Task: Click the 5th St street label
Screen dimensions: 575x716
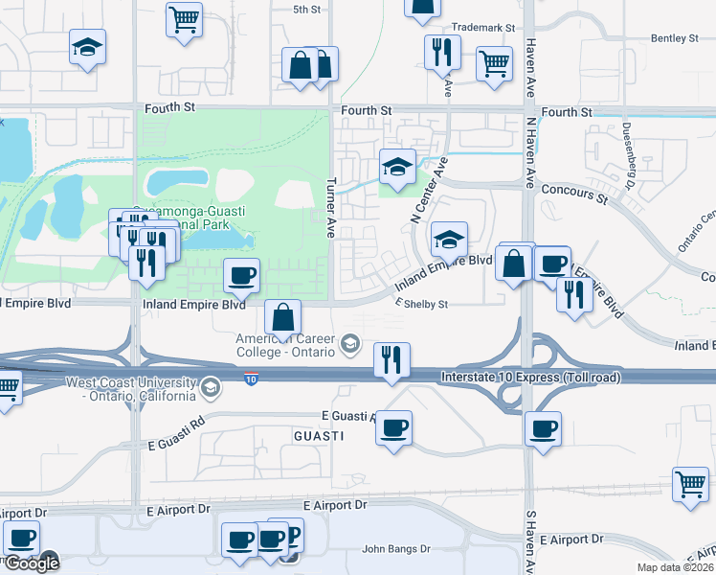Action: (x=306, y=9)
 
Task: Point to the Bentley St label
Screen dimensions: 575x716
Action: (x=675, y=38)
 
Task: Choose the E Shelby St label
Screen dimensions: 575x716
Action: (x=422, y=304)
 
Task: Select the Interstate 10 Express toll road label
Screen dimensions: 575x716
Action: (x=531, y=378)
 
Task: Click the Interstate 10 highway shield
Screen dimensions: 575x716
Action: (x=251, y=379)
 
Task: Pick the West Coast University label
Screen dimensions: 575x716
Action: (x=132, y=389)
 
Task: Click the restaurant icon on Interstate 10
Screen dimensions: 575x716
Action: (x=391, y=360)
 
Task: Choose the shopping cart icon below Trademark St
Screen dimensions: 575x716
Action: (x=494, y=64)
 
